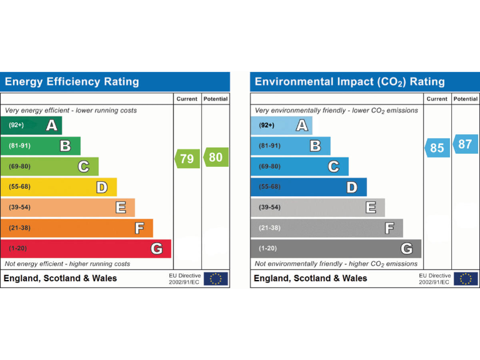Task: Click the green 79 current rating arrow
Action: tap(186, 159)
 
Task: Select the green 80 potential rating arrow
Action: tap(216, 157)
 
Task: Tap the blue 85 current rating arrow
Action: tap(437, 148)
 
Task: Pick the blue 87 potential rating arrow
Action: tap(465, 144)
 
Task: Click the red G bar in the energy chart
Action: tap(86, 249)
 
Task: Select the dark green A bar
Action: tap(31, 125)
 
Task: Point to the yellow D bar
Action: tap(58, 187)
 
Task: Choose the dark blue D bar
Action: tap(309, 187)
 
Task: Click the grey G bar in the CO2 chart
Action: tap(336, 249)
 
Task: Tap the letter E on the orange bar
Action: tap(121, 207)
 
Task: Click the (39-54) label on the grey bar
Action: tap(270, 207)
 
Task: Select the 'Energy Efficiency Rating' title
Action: tap(72, 82)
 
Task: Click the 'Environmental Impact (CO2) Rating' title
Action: tap(349, 82)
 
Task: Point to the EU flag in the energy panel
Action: tap(216, 279)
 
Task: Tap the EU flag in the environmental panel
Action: tap(466, 279)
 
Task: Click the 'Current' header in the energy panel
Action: tap(187, 99)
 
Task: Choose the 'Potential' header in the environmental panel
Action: tap(466, 99)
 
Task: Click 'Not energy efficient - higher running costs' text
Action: tap(67, 264)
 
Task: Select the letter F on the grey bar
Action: tap(389, 228)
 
